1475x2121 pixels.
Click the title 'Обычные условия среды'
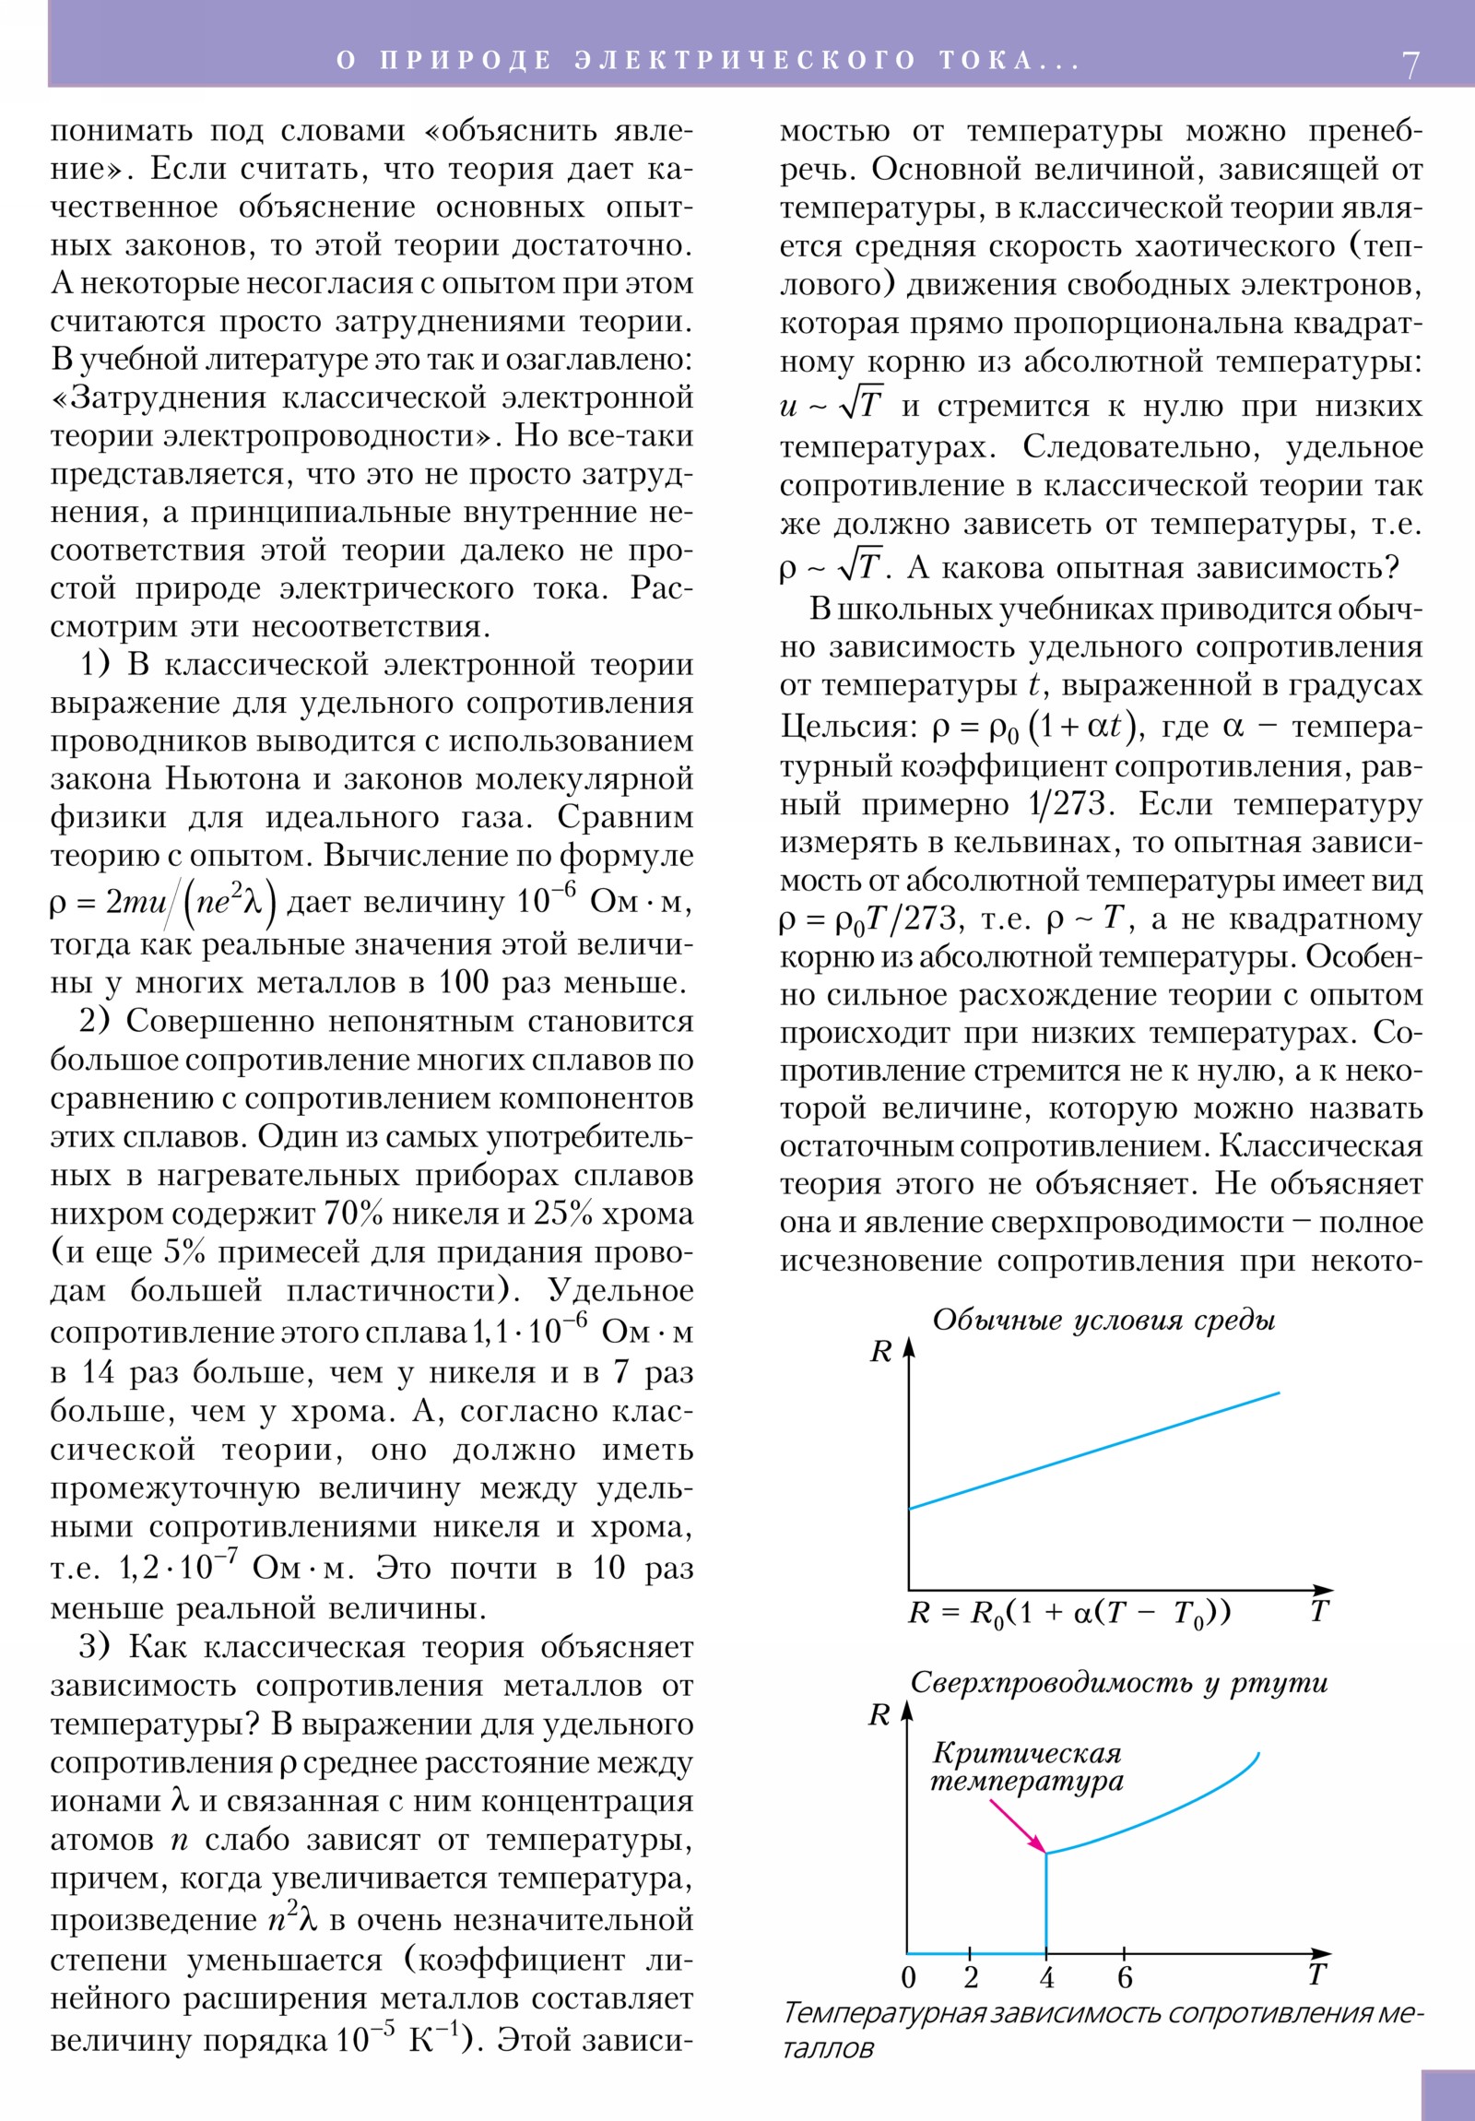(x=1103, y=1320)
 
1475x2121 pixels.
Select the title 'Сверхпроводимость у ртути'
(x=1119, y=1683)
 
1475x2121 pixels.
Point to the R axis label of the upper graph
(x=881, y=1353)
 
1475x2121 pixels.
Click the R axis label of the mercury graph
(x=879, y=1715)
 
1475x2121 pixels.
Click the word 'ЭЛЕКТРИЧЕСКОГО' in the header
(x=745, y=60)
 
